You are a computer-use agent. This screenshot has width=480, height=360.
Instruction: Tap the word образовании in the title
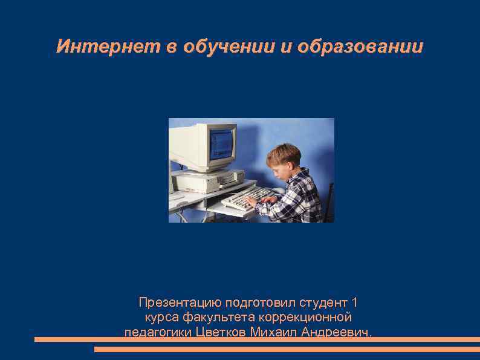point(362,47)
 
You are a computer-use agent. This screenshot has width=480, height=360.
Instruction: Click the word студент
point(323,302)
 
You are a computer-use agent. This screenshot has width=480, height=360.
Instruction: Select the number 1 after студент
point(355,302)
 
